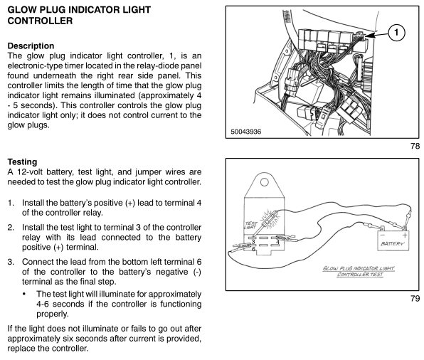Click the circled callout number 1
pyautogui.click(x=396, y=33)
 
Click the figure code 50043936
pyautogui.click(x=246, y=132)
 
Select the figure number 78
pyautogui.click(x=415, y=146)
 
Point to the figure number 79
pyautogui.click(x=415, y=298)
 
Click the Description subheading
pyautogui.click(x=31, y=46)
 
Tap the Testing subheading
pyautogui.click(x=22, y=162)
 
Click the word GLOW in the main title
pyautogui.click(x=22, y=10)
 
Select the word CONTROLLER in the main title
pyautogui.click(x=40, y=21)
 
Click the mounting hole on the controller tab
pyautogui.click(x=264, y=181)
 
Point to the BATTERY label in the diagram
pyautogui.click(x=393, y=244)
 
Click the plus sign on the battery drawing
pyautogui.click(x=405, y=235)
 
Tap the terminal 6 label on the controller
pyautogui.click(x=254, y=249)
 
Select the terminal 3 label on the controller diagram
pyautogui.click(x=253, y=241)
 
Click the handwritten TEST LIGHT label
pyautogui.click(x=250, y=225)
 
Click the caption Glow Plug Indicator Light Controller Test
pyautogui.click(x=359, y=271)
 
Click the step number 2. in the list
pyautogui.click(x=11, y=228)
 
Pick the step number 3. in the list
pyautogui.click(x=11, y=262)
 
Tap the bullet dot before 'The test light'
pyautogui.click(x=24, y=294)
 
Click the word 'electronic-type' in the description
pyautogui.click(x=35, y=65)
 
